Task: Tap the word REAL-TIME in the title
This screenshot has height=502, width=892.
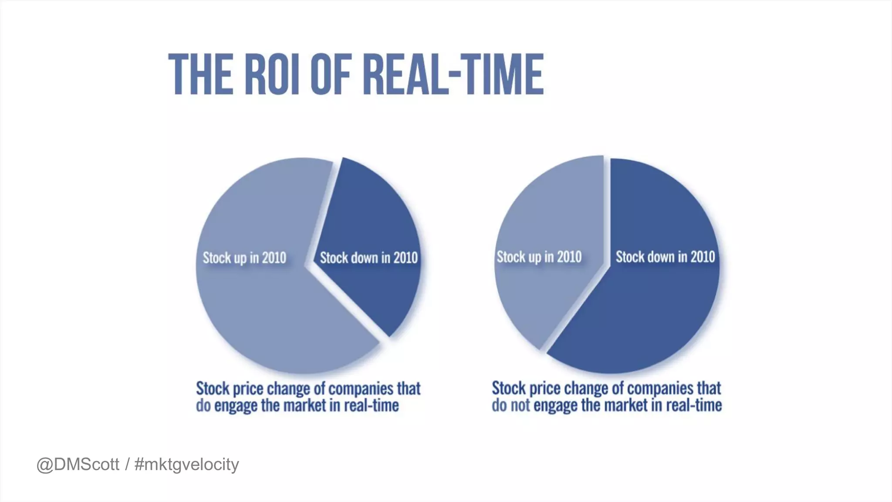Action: coord(453,74)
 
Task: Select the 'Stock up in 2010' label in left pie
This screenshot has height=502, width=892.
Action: coord(244,258)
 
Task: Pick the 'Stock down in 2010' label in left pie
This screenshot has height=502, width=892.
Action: coord(368,258)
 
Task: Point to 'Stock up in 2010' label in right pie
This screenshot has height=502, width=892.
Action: coord(539,257)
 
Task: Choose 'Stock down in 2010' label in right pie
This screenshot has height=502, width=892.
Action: coord(665,257)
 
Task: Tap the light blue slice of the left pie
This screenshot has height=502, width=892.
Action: coord(261,314)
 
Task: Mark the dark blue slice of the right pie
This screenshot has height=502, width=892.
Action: coord(645,318)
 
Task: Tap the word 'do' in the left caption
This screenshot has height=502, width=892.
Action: coord(203,406)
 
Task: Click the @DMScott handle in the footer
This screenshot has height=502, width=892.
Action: coord(78,465)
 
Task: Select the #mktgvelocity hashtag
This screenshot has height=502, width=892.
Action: coord(187,465)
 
